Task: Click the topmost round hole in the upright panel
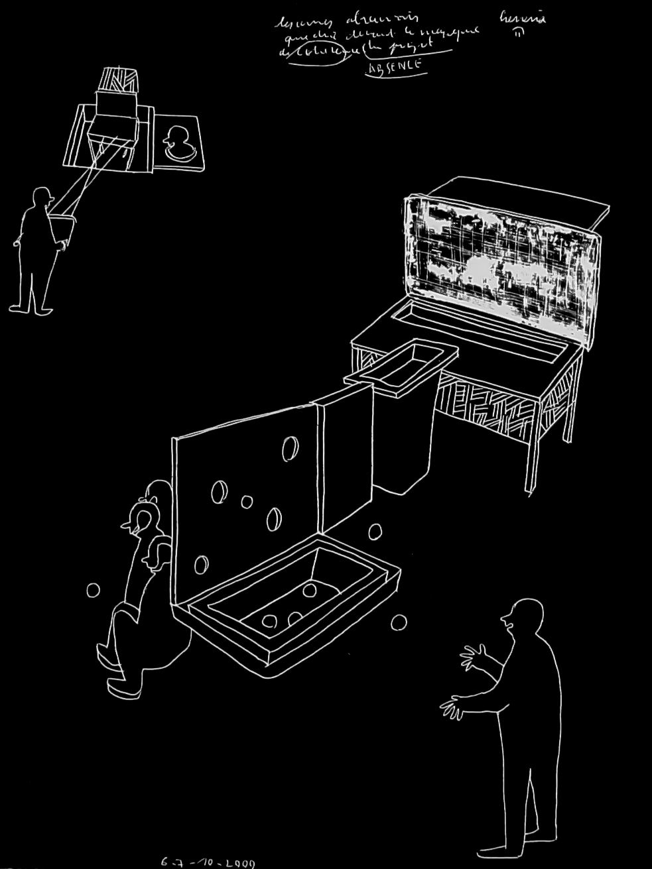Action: [x=290, y=449]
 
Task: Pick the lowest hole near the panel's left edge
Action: [x=200, y=564]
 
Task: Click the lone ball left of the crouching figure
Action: [x=93, y=590]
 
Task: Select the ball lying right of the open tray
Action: [x=399, y=622]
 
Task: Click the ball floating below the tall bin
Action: [x=375, y=532]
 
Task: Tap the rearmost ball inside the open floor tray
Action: [x=309, y=590]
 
